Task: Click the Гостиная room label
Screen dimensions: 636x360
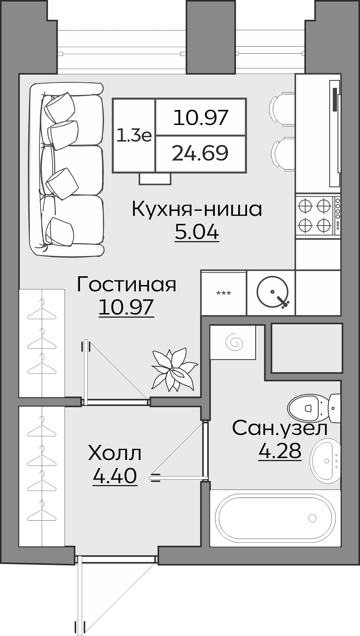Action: [x=127, y=285]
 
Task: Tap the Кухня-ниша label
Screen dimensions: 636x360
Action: [x=197, y=209]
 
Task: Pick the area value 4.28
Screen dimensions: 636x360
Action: [x=280, y=451]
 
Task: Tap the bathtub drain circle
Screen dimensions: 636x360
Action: [x=312, y=517]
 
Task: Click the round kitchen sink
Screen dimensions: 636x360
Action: [x=272, y=292]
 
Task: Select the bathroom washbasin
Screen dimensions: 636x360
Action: [x=325, y=461]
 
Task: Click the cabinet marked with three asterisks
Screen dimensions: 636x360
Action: [x=224, y=293]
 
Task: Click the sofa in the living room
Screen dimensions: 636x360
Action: [x=67, y=169]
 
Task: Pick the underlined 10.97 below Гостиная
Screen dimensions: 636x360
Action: [x=127, y=307]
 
